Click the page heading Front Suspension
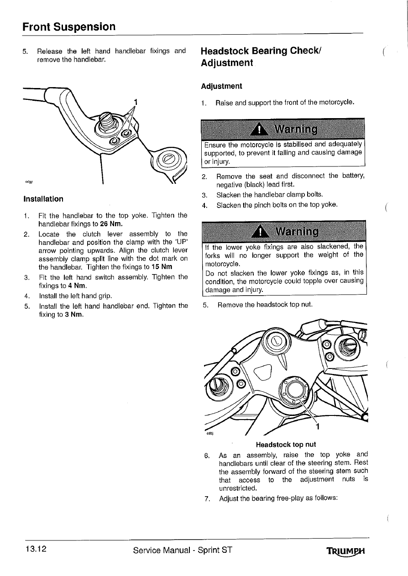69,26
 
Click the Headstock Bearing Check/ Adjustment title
261,56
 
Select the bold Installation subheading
43,199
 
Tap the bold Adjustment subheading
221,86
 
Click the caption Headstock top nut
286,444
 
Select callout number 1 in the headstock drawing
318,427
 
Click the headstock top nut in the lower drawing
292,389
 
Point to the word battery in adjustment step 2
352,176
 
